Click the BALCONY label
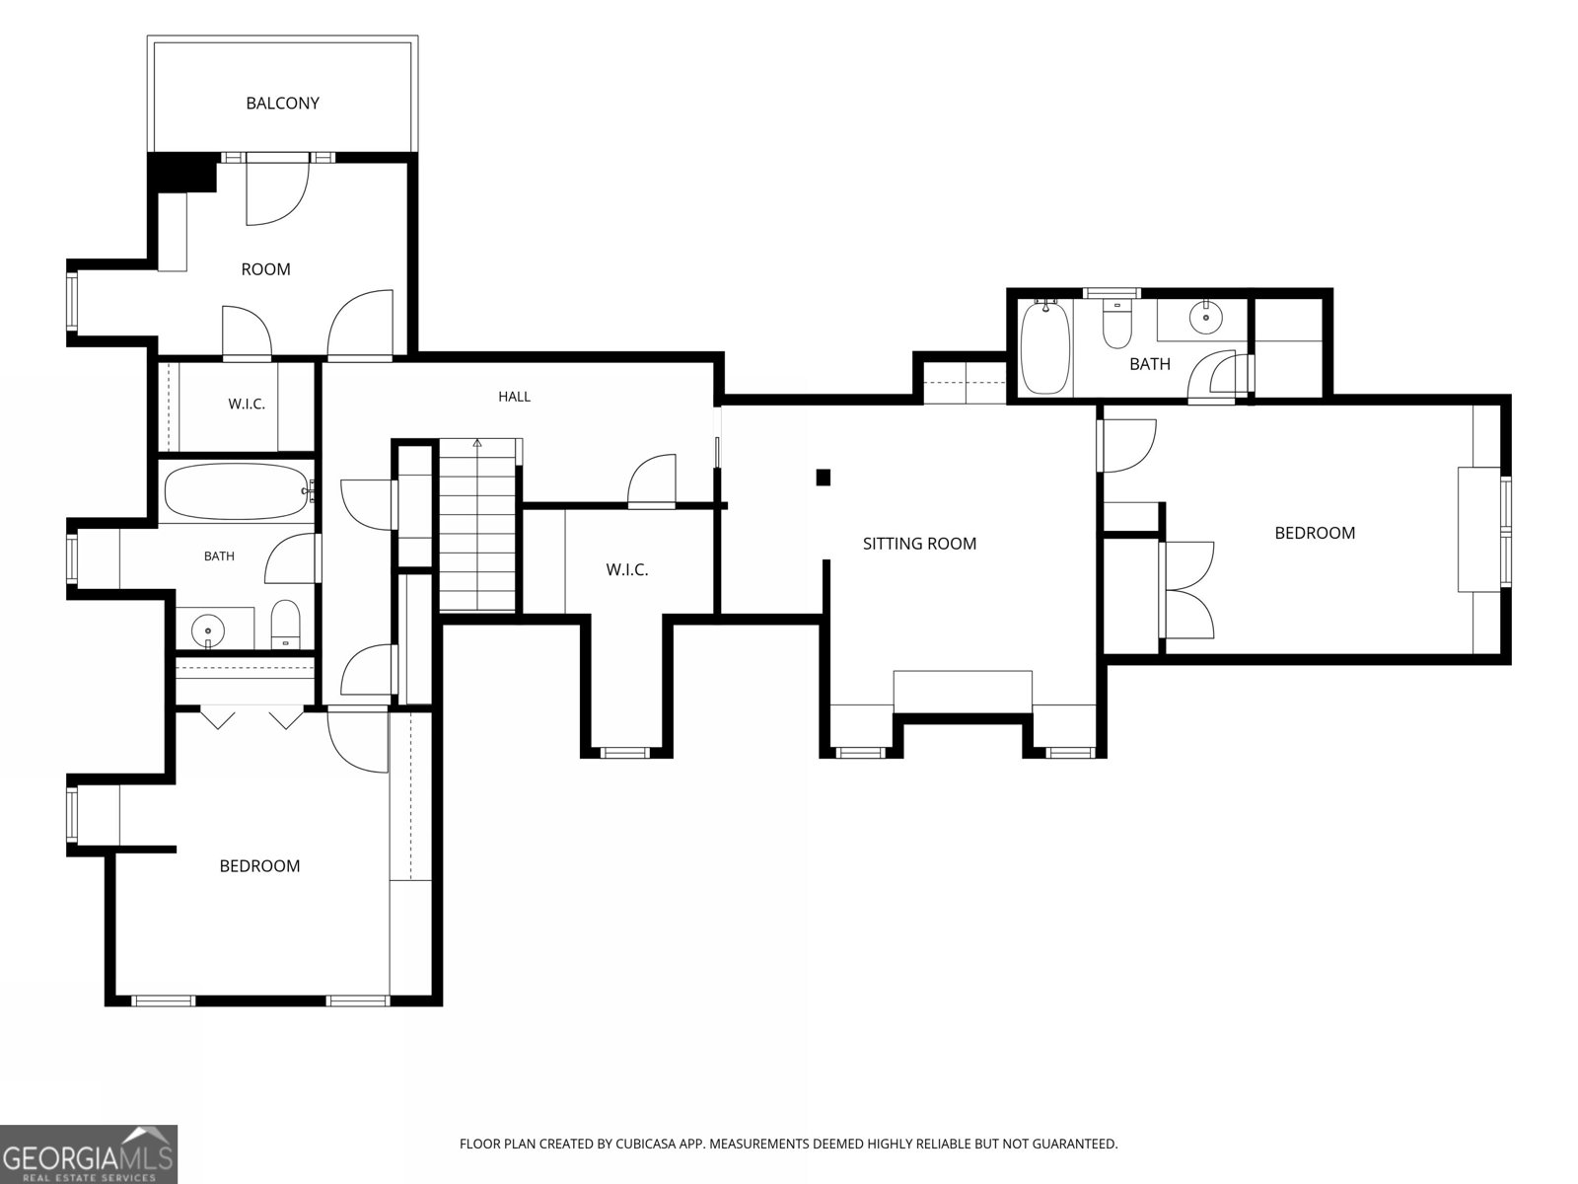(x=282, y=104)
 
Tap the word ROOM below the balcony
(x=266, y=269)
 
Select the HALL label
(x=515, y=396)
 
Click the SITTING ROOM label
(x=919, y=544)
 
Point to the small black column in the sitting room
(x=824, y=478)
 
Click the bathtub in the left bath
(x=238, y=491)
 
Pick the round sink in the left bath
(x=208, y=631)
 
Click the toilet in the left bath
(x=285, y=625)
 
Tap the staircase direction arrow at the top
(x=477, y=444)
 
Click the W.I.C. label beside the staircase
(x=627, y=570)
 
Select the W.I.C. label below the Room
(x=247, y=404)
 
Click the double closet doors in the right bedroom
(x=1186, y=590)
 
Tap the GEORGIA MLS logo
(x=89, y=1153)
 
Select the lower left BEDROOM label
(x=259, y=866)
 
